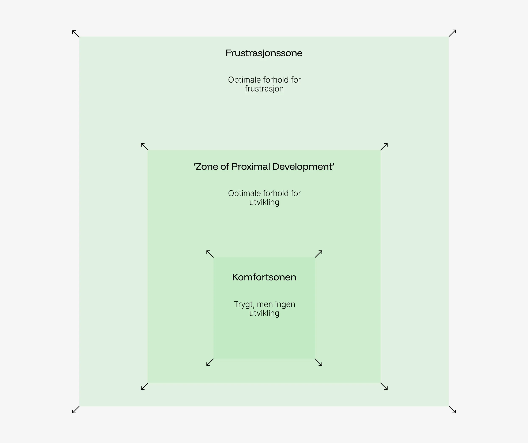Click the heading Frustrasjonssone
(x=264, y=53)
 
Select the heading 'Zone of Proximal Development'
(x=264, y=167)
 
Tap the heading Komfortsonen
(x=264, y=277)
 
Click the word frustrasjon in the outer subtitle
(x=264, y=89)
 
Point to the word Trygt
(x=243, y=305)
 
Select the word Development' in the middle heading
(x=303, y=167)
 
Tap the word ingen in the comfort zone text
(x=285, y=305)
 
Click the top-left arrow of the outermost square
(x=76, y=34)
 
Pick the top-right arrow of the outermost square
(x=452, y=33)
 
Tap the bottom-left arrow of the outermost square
(x=76, y=410)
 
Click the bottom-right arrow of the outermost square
(x=452, y=410)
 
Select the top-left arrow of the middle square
(x=144, y=147)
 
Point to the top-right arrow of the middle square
(x=384, y=147)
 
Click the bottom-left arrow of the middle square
(x=144, y=386)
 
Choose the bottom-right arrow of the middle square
(x=384, y=386)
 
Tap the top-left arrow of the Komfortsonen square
(x=210, y=254)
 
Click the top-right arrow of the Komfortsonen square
(x=318, y=254)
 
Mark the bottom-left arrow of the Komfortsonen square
(x=210, y=362)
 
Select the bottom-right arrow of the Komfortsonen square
(x=318, y=362)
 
